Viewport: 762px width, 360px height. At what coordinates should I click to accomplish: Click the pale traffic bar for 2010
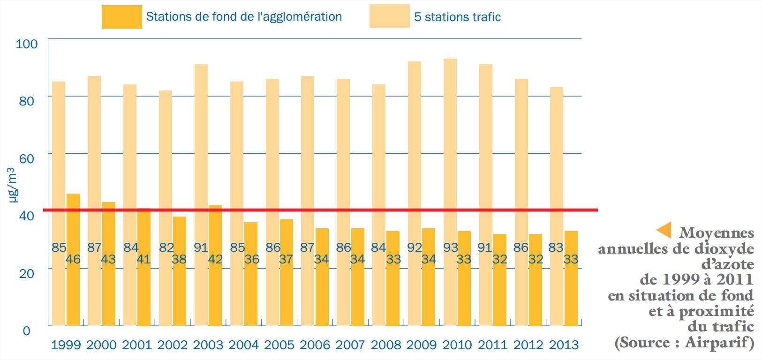[450, 141]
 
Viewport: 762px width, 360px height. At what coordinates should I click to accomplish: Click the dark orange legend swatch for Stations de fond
[121, 17]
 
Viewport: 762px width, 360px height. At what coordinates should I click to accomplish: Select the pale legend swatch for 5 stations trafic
[389, 16]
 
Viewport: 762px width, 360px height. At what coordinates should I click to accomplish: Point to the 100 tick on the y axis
[27, 44]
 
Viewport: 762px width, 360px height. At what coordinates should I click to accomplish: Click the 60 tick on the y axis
[27, 158]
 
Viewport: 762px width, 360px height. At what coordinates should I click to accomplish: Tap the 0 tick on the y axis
[27, 331]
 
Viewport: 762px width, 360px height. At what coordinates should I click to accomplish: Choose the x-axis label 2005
[279, 345]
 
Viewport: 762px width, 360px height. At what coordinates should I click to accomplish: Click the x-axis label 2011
[492, 345]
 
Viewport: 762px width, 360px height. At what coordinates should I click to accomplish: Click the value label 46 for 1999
[73, 259]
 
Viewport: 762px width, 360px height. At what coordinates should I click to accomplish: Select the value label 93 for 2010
[451, 247]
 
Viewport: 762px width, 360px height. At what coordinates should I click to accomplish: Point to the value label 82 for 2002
[166, 247]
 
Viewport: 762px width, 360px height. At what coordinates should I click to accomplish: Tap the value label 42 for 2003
[215, 259]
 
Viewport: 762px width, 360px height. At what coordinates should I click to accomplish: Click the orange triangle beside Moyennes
[664, 230]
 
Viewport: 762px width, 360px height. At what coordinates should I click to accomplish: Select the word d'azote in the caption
[727, 264]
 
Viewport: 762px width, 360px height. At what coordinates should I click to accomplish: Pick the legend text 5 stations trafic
[457, 17]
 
